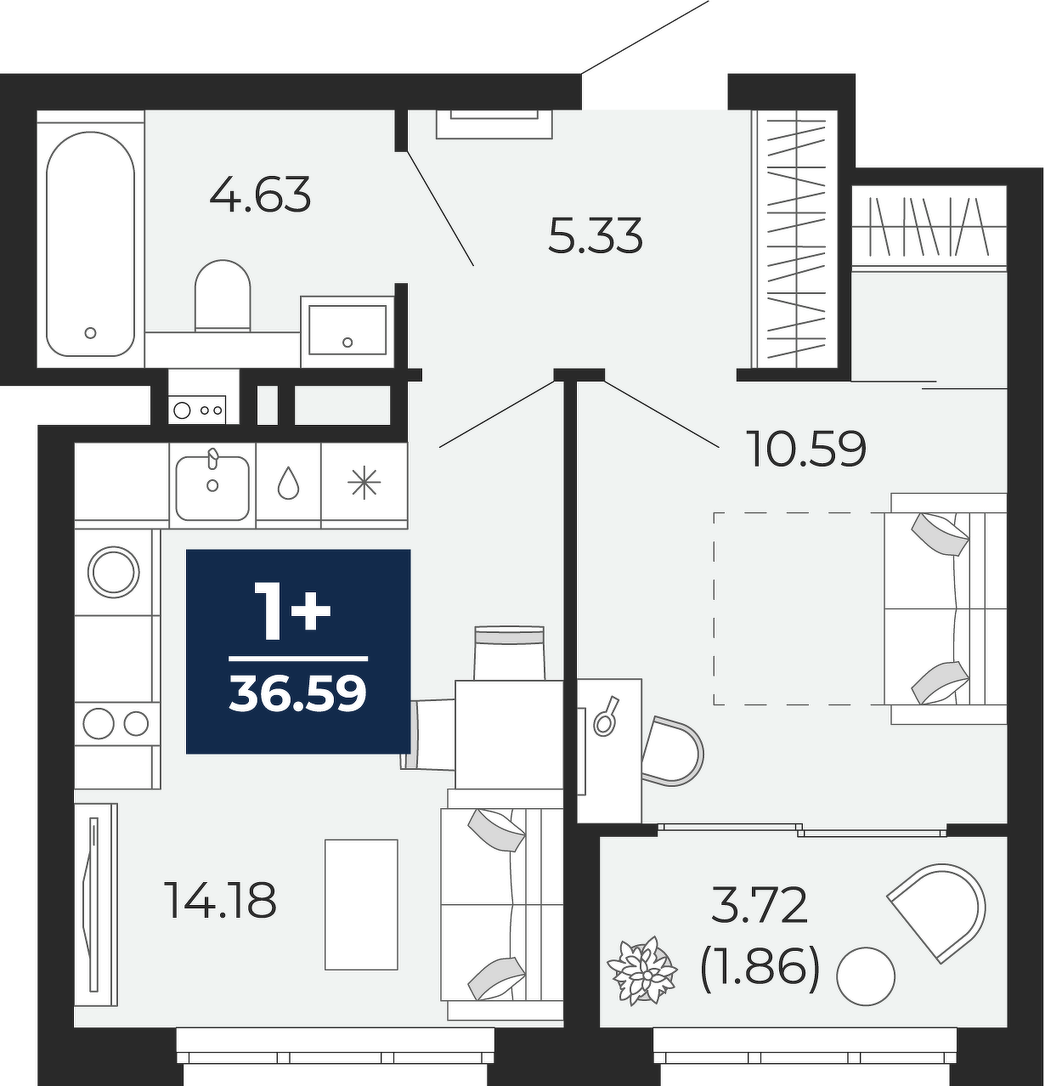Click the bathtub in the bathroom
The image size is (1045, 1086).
90,244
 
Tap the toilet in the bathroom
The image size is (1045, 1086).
222,296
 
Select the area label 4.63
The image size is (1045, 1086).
260,195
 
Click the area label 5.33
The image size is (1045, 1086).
596,235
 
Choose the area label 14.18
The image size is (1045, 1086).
222,900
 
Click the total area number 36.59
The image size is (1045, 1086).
298,693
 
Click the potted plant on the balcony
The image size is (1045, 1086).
642,971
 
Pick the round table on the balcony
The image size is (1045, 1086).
866,976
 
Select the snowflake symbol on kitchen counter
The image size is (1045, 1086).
364,482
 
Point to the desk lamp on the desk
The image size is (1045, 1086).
607,716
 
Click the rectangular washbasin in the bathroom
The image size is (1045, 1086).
347,331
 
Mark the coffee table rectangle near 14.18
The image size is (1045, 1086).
362,905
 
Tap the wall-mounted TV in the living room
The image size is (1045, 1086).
95,905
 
